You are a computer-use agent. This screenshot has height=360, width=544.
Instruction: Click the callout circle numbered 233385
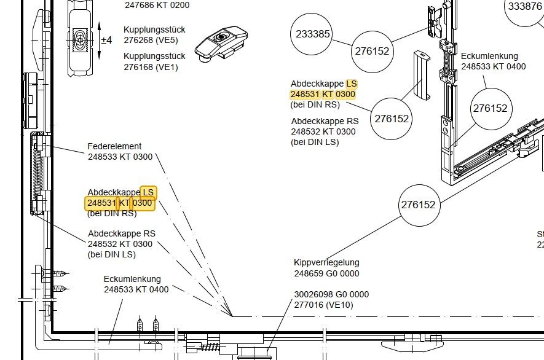point(312,34)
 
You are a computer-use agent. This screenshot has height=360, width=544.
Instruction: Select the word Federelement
point(114,146)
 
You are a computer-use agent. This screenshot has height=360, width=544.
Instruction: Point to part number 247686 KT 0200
point(157,5)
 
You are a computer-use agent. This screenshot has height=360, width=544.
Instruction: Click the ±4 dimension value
point(106,40)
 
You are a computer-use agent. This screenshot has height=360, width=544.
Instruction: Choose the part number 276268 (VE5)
point(151,41)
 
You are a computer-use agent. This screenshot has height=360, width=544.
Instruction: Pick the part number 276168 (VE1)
point(151,67)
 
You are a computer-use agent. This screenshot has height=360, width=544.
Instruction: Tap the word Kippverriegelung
point(326,262)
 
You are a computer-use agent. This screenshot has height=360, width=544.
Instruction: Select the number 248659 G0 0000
point(326,273)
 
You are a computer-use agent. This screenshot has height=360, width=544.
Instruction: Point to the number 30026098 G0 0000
point(331,294)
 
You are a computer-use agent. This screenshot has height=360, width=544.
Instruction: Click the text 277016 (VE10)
point(323,305)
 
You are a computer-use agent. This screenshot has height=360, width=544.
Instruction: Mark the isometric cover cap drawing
point(422,74)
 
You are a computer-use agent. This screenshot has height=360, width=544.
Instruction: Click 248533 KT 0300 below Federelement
point(120,157)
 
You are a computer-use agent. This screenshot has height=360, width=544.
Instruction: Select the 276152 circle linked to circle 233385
point(372,51)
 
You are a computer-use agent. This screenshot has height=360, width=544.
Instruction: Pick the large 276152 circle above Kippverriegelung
point(418,205)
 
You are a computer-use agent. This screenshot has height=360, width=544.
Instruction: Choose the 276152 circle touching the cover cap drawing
point(392,119)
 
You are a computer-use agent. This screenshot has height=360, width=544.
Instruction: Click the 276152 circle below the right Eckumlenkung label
point(490,109)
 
